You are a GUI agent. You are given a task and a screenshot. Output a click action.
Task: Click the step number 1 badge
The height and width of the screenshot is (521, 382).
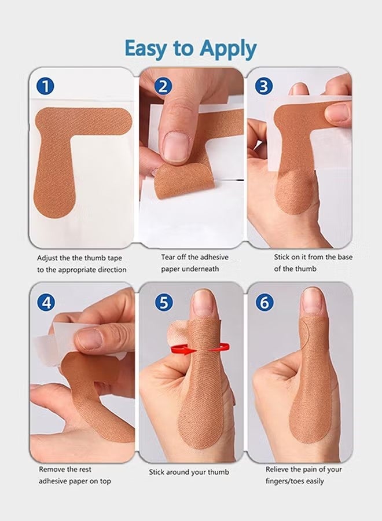click(45, 86)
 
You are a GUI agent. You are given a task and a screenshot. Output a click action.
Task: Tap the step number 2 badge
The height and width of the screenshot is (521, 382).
click(164, 86)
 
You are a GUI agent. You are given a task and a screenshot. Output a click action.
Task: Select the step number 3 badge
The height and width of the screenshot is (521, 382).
click(264, 86)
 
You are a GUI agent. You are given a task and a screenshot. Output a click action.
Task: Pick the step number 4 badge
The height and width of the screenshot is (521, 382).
click(46, 302)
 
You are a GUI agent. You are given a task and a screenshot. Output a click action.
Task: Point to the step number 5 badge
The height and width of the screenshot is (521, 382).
click(164, 302)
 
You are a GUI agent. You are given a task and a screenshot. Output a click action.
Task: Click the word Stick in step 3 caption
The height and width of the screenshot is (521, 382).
click(284, 256)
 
